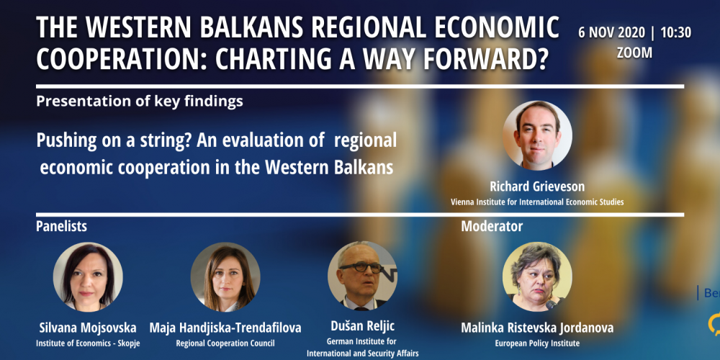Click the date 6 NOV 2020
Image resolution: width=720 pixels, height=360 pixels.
point(611,33)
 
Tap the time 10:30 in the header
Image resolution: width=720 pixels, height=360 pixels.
point(676,33)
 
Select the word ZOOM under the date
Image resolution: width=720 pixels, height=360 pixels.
point(634,53)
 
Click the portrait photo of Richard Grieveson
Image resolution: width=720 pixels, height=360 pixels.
point(537,135)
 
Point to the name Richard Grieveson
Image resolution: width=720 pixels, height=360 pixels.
point(537,186)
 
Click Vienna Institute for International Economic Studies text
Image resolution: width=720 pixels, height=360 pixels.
point(537,202)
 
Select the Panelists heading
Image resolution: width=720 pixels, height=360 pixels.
point(61,226)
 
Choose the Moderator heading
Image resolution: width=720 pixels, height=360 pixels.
point(492,226)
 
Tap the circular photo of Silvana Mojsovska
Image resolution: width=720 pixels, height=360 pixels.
point(88,277)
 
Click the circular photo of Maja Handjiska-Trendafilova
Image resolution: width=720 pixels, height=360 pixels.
point(225,277)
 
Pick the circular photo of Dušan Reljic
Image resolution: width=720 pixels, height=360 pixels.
point(362,276)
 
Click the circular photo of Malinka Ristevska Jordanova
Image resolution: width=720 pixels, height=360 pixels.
point(537,277)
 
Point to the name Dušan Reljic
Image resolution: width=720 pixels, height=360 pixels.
point(363,326)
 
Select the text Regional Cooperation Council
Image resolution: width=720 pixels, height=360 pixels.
point(225,343)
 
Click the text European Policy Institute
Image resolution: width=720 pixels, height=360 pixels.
point(537,343)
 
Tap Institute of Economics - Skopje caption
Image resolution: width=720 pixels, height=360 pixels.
point(88,343)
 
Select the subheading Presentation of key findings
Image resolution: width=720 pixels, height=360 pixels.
point(140,102)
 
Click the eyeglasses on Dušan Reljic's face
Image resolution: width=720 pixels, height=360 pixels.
point(361,268)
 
